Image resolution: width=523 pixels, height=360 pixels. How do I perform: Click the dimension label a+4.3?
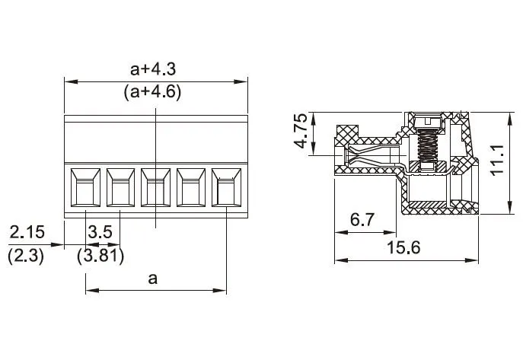[153, 69]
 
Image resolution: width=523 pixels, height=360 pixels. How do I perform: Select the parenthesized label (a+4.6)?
[153, 91]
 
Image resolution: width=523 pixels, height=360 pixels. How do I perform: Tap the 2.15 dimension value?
[27, 232]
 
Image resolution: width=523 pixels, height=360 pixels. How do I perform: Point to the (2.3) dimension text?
[26, 256]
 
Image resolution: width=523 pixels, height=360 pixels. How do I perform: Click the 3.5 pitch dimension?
[100, 232]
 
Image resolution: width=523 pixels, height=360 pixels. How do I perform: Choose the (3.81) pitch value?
[100, 256]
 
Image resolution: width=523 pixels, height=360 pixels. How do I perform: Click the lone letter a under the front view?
[153, 279]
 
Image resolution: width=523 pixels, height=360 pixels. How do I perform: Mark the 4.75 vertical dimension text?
[301, 131]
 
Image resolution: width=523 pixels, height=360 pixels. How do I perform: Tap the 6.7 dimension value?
[362, 220]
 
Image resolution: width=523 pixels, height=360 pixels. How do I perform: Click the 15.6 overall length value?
[403, 247]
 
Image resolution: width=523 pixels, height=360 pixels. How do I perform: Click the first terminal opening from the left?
[85, 187]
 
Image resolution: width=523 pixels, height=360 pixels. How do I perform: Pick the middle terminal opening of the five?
[156, 187]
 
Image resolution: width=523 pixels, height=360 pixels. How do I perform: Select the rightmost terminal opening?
[226, 187]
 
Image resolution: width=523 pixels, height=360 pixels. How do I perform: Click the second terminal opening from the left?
[120, 187]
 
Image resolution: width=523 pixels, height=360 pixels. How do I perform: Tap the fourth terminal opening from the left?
[191, 187]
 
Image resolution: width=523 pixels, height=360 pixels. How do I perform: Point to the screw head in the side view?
[428, 122]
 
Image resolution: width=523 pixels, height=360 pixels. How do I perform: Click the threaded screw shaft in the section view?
[428, 145]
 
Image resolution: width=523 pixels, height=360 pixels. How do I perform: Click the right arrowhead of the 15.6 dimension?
[472, 260]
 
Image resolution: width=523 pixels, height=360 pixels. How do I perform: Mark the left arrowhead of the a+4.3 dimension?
[71, 81]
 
